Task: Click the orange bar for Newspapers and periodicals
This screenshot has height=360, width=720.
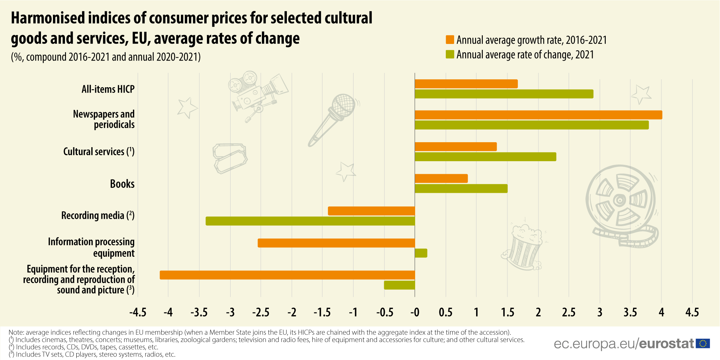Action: point(538,115)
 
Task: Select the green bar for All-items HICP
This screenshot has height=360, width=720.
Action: point(504,94)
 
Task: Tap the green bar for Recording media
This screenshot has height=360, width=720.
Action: point(310,221)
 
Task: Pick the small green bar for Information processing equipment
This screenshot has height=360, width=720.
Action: point(421,253)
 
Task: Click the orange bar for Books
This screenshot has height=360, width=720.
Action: point(441,179)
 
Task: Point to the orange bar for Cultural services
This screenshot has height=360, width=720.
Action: point(455,147)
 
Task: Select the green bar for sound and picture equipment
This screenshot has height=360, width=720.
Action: point(399,285)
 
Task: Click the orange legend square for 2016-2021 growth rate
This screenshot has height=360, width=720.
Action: point(450,40)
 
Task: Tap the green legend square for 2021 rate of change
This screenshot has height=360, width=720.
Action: point(450,54)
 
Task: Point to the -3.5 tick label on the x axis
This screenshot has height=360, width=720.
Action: point(199,312)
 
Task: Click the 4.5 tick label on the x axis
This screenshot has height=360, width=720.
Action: point(692,312)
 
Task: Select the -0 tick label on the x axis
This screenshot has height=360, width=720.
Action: point(414,312)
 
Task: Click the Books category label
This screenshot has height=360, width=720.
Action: point(122,184)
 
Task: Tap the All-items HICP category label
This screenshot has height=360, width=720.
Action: point(108,89)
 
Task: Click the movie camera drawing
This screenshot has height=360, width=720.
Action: point(257,92)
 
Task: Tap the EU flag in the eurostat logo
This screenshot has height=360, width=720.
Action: point(703,343)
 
